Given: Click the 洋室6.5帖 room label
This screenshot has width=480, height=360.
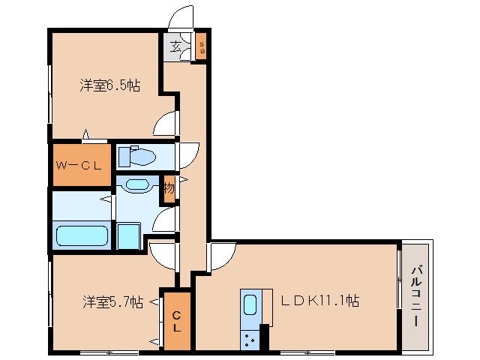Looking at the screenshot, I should [109, 85].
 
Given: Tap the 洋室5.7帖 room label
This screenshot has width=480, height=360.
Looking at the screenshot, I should [112, 302].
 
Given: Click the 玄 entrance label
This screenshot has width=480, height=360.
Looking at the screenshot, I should [175, 47].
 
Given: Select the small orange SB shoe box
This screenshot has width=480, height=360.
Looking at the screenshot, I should [201, 47].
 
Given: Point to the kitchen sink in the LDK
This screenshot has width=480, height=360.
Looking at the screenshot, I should [250, 305].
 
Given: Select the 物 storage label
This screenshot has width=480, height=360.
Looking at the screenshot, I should [169, 187].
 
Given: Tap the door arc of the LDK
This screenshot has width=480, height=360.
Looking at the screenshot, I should [220, 256].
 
